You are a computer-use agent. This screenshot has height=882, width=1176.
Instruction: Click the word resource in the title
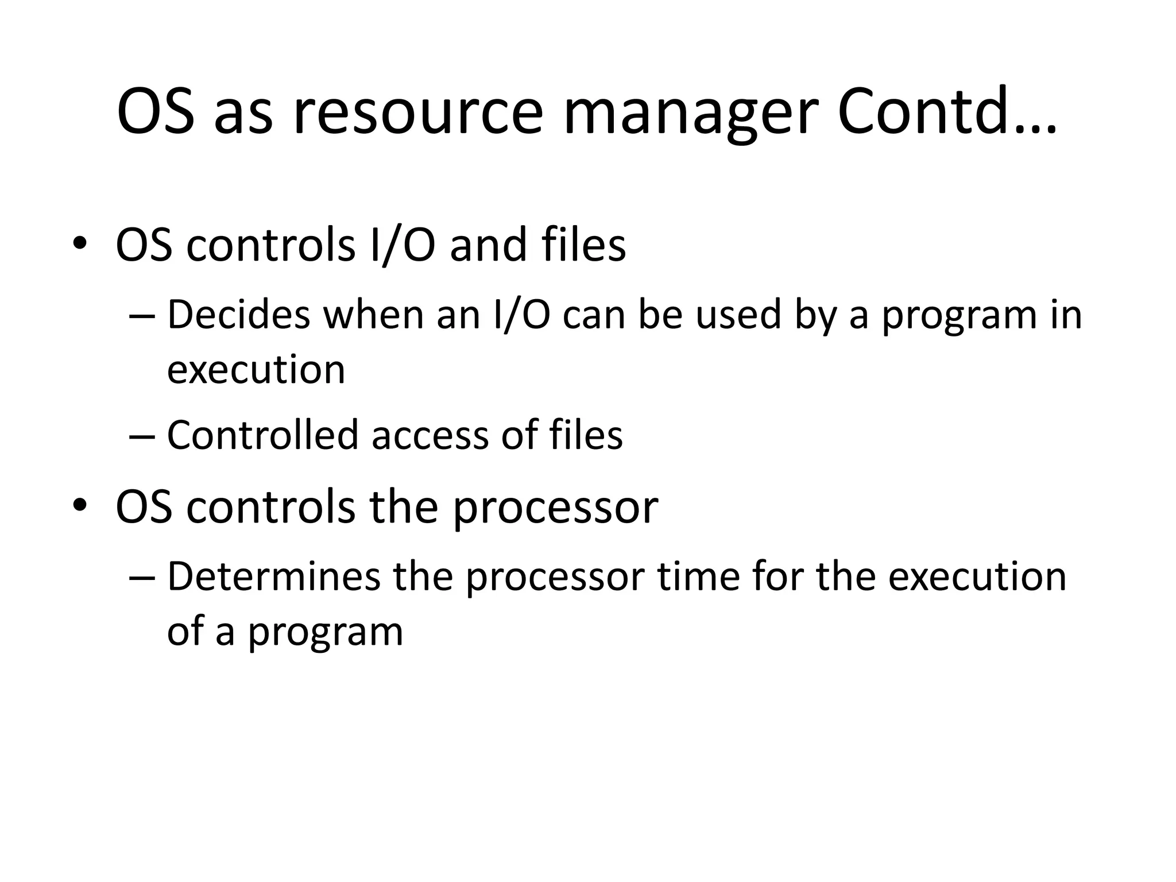pos(418,113)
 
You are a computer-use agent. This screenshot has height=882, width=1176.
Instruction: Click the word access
pos(430,435)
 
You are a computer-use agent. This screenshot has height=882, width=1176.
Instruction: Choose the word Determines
pos(273,577)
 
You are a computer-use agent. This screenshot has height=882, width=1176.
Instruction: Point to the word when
pos(373,315)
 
